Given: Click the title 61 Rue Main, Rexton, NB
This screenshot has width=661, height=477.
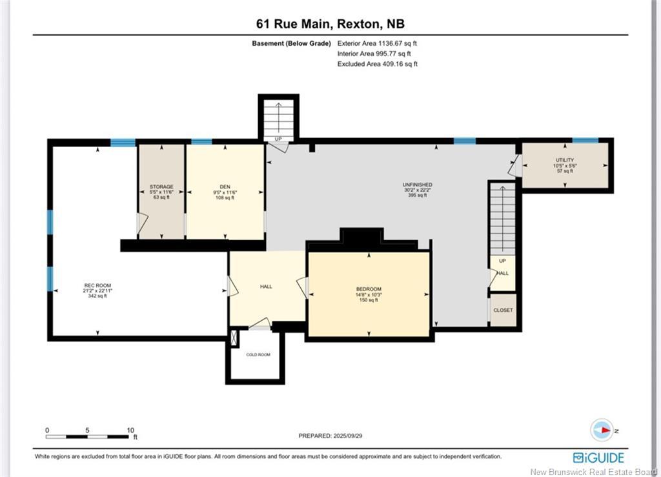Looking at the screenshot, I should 330,24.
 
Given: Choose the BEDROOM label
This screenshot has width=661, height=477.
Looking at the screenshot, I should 369,289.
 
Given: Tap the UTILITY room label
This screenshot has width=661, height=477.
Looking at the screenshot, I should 565,160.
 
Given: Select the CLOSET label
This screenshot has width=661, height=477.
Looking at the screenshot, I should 503,310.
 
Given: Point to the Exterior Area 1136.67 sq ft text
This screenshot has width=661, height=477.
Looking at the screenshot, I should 381,43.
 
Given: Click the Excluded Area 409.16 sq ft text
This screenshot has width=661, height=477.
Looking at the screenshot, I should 378,64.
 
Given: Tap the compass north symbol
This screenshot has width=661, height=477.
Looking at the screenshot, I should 602,430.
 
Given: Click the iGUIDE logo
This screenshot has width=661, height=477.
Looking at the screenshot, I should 598,458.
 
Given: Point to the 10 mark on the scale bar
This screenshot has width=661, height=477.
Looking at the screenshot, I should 130,430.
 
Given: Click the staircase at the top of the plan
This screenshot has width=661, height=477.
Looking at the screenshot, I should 278,118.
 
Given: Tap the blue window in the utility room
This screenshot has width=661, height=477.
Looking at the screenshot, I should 585,140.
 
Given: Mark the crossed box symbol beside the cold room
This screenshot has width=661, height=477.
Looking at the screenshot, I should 234,337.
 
